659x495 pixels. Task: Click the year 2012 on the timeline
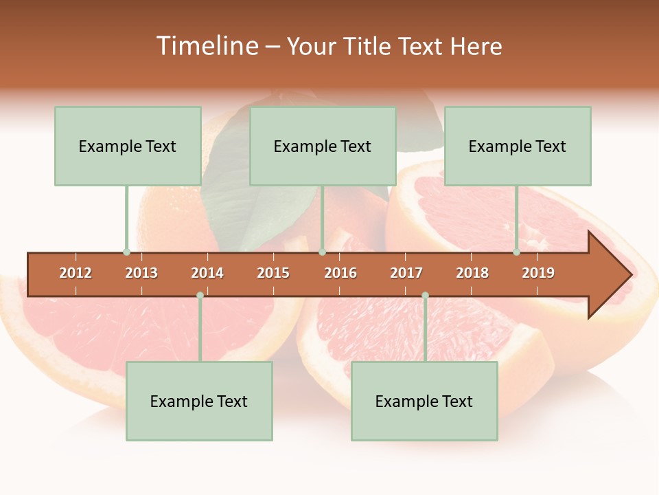pyautogui.click(x=76, y=273)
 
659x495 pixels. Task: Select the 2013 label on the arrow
pyautogui.click(x=141, y=273)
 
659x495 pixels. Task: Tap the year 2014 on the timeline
pyautogui.click(x=207, y=273)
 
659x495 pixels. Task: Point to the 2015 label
pyautogui.click(x=273, y=273)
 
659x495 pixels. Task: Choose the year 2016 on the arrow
pyautogui.click(x=340, y=273)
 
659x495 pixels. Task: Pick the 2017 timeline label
pyautogui.click(x=406, y=273)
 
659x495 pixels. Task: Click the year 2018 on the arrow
pyautogui.click(x=472, y=273)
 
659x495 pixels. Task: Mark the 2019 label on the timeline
pyautogui.click(x=538, y=273)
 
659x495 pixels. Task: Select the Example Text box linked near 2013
pyautogui.click(x=128, y=146)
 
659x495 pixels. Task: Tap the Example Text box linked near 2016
pyautogui.click(x=323, y=146)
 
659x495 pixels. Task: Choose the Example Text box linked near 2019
pyautogui.click(x=518, y=146)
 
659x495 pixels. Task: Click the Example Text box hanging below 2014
pyautogui.click(x=199, y=401)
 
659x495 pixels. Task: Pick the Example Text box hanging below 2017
pyautogui.click(x=424, y=401)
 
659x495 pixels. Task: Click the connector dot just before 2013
pyautogui.click(x=126, y=252)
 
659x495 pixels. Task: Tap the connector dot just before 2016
pyautogui.click(x=322, y=252)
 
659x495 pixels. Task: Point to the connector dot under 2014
pyautogui.click(x=200, y=296)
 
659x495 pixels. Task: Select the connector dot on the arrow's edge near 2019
pyautogui.click(x=516, y=252)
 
